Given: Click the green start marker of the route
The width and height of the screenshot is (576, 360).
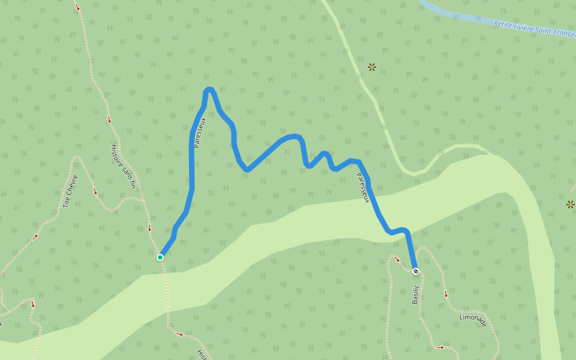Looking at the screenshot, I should click(x=160, y=257).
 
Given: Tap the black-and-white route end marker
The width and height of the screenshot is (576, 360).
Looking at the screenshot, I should click(x=416, y=271).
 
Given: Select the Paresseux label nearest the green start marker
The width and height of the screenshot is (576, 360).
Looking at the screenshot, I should click(x=200, y=133).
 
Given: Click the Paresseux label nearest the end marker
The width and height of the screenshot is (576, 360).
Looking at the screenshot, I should click(x=362, y=188).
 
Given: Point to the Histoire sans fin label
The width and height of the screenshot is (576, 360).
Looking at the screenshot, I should click(x=124, y=166).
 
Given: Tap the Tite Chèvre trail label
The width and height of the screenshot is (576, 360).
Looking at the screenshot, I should click(x=70, y=191).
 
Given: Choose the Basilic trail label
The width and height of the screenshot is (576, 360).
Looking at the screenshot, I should click(x=415, y=290).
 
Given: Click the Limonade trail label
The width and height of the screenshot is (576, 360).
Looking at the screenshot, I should click(x=473, y=320).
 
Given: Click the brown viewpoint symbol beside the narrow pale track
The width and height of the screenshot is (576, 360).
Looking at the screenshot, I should click(x=372, y=67).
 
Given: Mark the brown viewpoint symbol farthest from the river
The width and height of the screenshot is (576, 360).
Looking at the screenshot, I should click(x=570, y=205).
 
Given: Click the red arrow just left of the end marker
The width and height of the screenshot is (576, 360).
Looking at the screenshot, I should click(x=397, y=260).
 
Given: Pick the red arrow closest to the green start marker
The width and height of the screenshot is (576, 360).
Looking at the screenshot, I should click(x=149, y=227).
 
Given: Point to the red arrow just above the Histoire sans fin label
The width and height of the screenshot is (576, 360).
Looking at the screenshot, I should click(x=109, y=120).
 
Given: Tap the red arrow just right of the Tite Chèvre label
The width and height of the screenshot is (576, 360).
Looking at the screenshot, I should click(x=95, y=192).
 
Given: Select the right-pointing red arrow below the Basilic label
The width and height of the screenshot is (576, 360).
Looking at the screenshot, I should click(x=440, y=347).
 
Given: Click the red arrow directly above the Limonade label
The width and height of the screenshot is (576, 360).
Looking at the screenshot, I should click(x=446, y=294).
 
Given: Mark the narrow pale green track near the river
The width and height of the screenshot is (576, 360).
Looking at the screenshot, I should click(x=360, y=78).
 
